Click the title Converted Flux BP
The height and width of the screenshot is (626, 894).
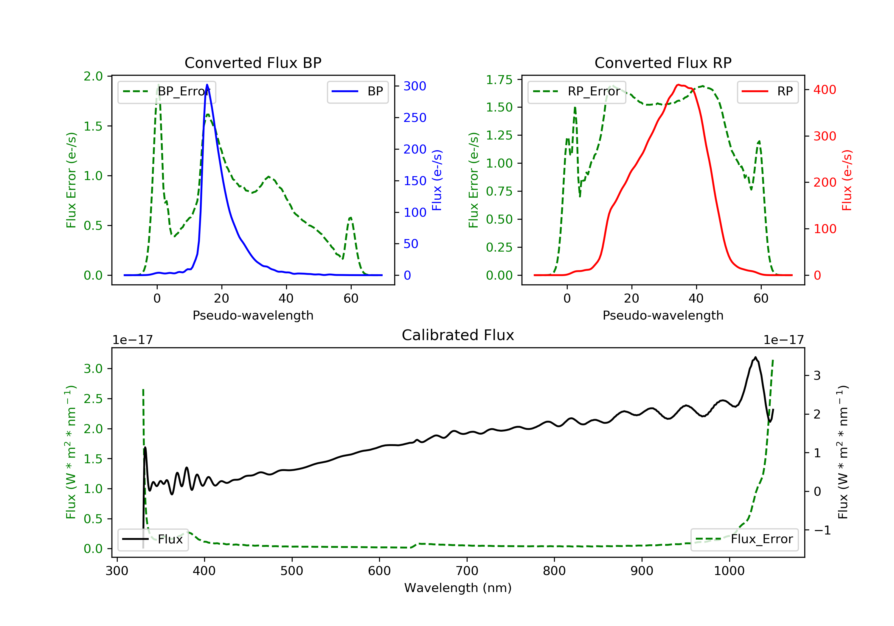pyautogui.click(x=253, y=63)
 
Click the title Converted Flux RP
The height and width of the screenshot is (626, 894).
pyautogui.click(x=663, y=63)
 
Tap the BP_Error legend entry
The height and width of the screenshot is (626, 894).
pyautogui.click(x=167, y=92)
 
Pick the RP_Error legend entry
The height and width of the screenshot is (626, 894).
pyautogui.click(x=577, y=92)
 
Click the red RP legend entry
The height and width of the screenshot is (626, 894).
pyautogui.click(x=767, y=92)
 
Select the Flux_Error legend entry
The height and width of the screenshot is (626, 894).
pyautogui.click(x=744, y=539)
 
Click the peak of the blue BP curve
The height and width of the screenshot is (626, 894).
pyautogui.click(x=207, y=85)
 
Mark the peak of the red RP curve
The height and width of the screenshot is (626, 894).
pyautogui.click(x=678, y=85)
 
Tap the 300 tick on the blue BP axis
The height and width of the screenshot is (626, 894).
pyautogui.click(x=415, y=86)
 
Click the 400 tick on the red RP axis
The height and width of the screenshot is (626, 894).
pyautogui.click(x=825, y=90)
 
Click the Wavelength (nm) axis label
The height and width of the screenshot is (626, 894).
pyautogui.click(x=458, y=588)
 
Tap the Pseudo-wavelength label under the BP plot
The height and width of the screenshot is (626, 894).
pyautogui.click(x=253, y=315)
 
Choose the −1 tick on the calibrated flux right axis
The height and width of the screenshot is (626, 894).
pyautogui.click(x=822, y=530)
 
